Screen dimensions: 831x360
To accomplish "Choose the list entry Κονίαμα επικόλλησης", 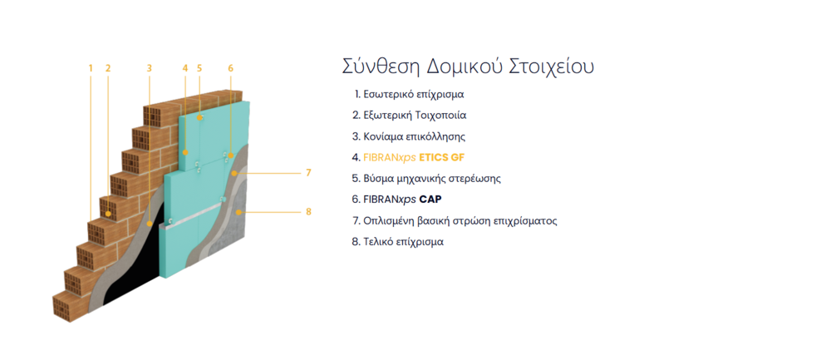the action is tap(409, 136).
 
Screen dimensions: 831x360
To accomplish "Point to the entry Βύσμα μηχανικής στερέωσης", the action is tap(426, 178).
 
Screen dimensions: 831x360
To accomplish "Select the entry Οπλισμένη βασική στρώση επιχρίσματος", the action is tap(455, 220).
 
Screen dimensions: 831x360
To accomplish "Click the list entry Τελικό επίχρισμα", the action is tap(397, 242).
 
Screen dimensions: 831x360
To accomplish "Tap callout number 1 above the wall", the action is tap(91, 68).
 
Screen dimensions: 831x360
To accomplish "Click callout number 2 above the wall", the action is tap(108, 68).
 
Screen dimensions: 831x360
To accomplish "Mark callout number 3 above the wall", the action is tap(150, 68).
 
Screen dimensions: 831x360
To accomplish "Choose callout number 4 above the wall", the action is tap(185, 68).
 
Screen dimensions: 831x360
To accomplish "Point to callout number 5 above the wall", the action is tap(199, 68).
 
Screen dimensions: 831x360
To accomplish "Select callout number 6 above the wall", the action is tap(230, 68).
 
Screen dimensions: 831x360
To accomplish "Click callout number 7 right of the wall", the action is tap(308, 173).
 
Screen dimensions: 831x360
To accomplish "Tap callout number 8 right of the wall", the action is tap(308, 212).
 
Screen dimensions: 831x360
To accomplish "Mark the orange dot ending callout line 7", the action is tap(234, 174).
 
